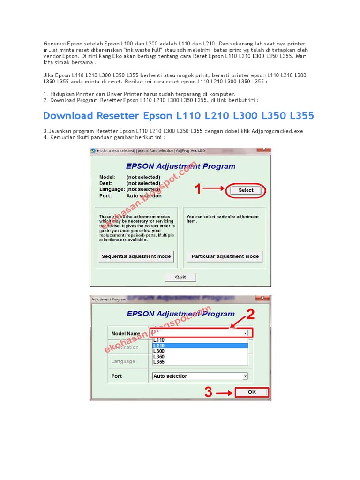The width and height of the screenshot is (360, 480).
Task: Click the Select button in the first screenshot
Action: (x=246, y=190)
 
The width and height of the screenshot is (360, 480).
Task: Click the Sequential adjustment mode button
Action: (x=136, y=256)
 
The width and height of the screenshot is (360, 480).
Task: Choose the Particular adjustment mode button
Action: (x=225, y=256)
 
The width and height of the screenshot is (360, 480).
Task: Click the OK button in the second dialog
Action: (x=252, y=392)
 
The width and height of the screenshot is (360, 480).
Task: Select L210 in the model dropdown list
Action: (x=159, y=345)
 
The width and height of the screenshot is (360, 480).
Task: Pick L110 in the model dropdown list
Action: (x=159, y=340)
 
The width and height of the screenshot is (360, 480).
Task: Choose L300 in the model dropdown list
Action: (x=159, y=351)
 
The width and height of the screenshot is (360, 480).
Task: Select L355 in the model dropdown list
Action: (x=159, y=362)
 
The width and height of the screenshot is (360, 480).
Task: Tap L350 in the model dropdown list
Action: (x=159, y=357)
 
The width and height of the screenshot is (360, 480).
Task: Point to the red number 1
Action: (x=198, y=189)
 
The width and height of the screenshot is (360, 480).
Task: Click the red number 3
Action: (x=209, y=392)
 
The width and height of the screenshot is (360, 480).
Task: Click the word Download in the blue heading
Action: (x=68, y=116)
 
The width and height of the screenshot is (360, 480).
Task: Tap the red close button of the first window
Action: (x=266, y=150)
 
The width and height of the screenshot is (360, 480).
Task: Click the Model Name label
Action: (x=126, y=333)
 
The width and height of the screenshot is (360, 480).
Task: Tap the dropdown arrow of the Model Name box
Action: (x=245, y=333)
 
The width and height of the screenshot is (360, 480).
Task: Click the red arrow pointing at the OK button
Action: (x=225, y=392)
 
